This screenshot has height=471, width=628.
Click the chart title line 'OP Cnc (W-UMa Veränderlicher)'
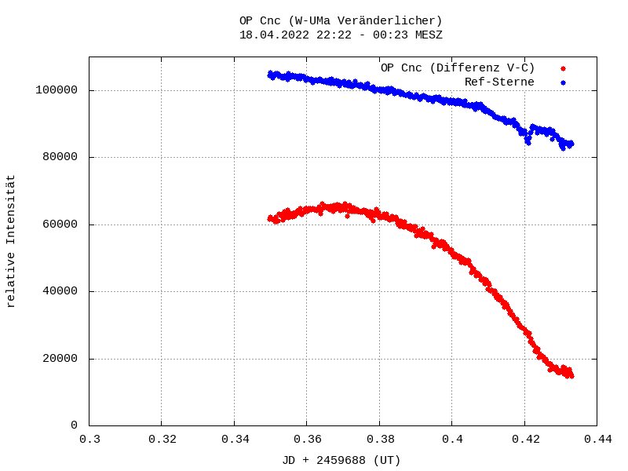(x=341, y=20)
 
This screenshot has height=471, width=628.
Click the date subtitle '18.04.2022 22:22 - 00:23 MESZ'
(x=341, y=35)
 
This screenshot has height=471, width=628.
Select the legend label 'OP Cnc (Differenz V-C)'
(x=458, y=68)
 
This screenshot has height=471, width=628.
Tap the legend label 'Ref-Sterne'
(x=499, y=82)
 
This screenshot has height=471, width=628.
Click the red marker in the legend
(x=563, y=68)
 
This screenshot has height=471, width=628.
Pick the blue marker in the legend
(x=563, y=82)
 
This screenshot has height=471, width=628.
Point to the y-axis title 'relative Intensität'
(x=11, y=241)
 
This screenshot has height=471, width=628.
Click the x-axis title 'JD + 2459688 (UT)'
(x=341, y=460)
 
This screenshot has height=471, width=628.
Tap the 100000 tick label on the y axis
(x=57, y=90)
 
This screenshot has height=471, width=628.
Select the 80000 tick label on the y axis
(x=60, y=157)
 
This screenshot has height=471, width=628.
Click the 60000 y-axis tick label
(x=60, y=225)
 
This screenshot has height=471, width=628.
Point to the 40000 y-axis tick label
(x=60, y=291)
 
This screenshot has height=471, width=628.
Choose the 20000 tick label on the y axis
(x=60, y=359)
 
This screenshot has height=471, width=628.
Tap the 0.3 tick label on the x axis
(x=89, y=440)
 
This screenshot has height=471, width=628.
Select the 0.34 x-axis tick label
(x=235, y=440)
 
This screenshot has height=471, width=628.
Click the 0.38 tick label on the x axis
(x=380, y=440)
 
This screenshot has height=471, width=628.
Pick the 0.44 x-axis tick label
(x=597, y=440)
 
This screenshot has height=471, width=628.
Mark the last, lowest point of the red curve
(x=571, y=375)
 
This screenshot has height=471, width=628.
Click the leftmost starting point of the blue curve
(x=269, y=75)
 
